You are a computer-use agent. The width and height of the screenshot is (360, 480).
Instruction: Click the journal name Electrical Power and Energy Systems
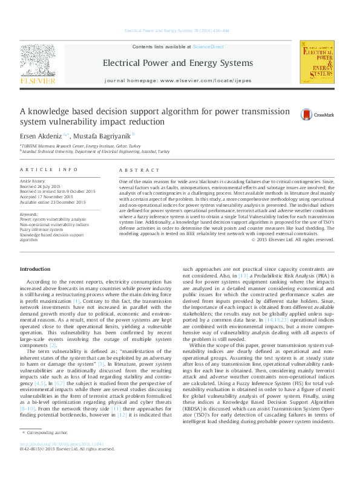(x=177, y=63)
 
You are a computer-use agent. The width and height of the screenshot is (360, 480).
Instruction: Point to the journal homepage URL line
(x=177, y=80)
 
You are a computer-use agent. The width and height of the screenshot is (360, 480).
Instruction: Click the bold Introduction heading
(x=36, y=268)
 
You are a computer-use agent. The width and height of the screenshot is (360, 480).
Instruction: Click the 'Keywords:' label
(x=29, y=214)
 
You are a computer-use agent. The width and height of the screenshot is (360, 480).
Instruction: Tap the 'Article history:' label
(x=33, y=181)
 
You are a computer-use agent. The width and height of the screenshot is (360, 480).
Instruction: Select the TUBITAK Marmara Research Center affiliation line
(x=80, y=146)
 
